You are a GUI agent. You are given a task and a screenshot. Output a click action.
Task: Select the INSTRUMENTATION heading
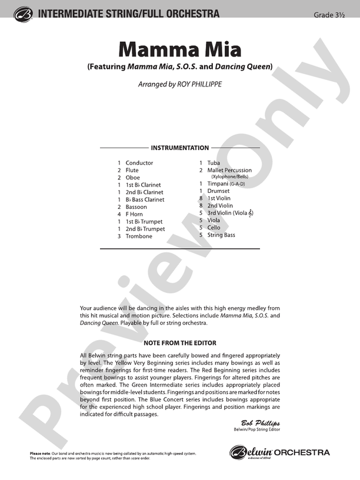(x=179, y=148)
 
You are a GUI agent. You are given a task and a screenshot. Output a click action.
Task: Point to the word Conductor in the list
(x=139, y=163)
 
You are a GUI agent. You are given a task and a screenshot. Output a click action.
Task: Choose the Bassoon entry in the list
(x=136, y=207)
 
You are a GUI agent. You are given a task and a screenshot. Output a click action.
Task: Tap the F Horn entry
(x=135, y=215)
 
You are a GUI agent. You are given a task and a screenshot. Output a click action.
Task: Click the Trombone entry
(x=138, y=236)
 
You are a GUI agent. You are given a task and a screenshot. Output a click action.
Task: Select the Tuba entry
(x=214, y=163)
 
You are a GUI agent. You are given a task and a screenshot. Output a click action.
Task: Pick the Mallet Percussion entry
(x=229, y=171)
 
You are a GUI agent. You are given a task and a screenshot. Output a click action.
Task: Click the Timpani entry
(x=218, y=184)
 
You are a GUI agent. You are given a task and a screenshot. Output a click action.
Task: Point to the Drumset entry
(x=219, y=191)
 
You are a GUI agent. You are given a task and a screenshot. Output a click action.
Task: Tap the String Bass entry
(x=221, y=235)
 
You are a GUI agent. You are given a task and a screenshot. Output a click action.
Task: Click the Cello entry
(x=214, y=228)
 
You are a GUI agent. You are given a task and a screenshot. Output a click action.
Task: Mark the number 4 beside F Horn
(x=119, y=215)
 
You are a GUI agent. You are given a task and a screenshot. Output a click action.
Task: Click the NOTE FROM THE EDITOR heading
(x=179, y=343)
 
